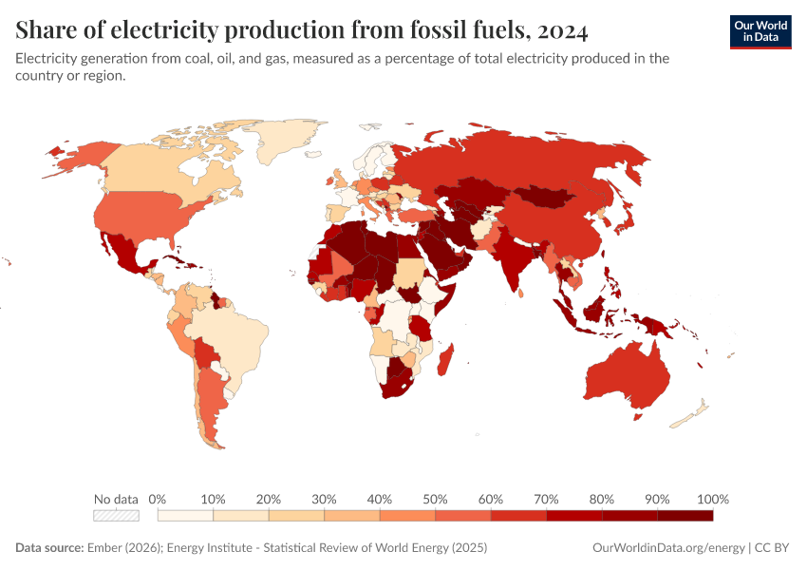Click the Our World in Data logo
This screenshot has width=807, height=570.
pyautogui.click(x=760, y=31)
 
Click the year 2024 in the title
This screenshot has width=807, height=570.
pyautogui.click(x=561, y=31)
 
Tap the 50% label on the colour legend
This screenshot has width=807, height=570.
pyautogui.click(x=435, y=499)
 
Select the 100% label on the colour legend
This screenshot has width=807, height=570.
pyautogui.click(x=712, y=499)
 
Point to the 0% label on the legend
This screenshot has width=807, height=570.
pyautogui.click(x=158, y=499)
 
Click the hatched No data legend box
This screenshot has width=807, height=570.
pyautogui.click(x=116, y=516)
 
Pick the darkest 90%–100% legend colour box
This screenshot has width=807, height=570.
pyautogui.click(x=685, y=516)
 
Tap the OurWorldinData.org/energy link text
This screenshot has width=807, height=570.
pyautogui.click(x=667, y=548)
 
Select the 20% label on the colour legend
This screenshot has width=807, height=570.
pyautogui.click(x=269, y=499)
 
